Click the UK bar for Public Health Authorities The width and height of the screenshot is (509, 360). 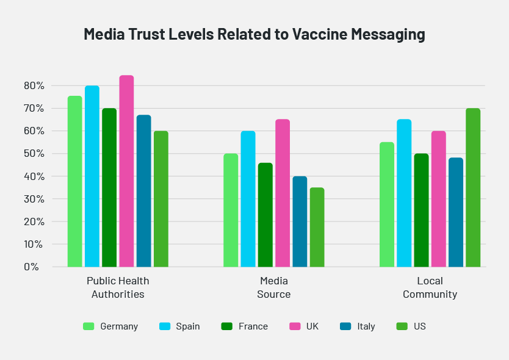pyautogui.click(x=126, y=171)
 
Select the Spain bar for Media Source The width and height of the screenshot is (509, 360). pyautogui.click(x=248, y=199)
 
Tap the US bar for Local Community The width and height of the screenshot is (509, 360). pyautogui.click(x=473, y=187)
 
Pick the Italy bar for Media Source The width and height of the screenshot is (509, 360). pyautogui.click(x=300, y=221)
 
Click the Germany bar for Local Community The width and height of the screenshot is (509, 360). pyautogui.click(x=387, y=204)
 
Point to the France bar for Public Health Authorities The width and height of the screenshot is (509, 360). pyautogui.click(x=109, y=187)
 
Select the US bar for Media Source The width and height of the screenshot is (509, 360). pyautogui.click(x=317, y=227)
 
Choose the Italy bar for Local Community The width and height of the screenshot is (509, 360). pyautogui.click(x=456, y=212)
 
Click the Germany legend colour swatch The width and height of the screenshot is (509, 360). pyautogui.click(x=88, y=326)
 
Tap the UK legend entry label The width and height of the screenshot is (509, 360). pyautogui.click(x=312, y=326)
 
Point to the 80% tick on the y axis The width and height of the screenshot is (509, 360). pyautogui.click(x=34, y=86)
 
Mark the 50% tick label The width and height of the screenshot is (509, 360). pyautogui.click(x=34, y=154)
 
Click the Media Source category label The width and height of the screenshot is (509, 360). pyautogui.click(x=274, y=287)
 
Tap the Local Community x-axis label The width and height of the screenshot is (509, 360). pyautogui.click(x=430, y=287)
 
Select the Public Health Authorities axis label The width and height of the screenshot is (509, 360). pyautogui.click(x=118, y=287)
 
